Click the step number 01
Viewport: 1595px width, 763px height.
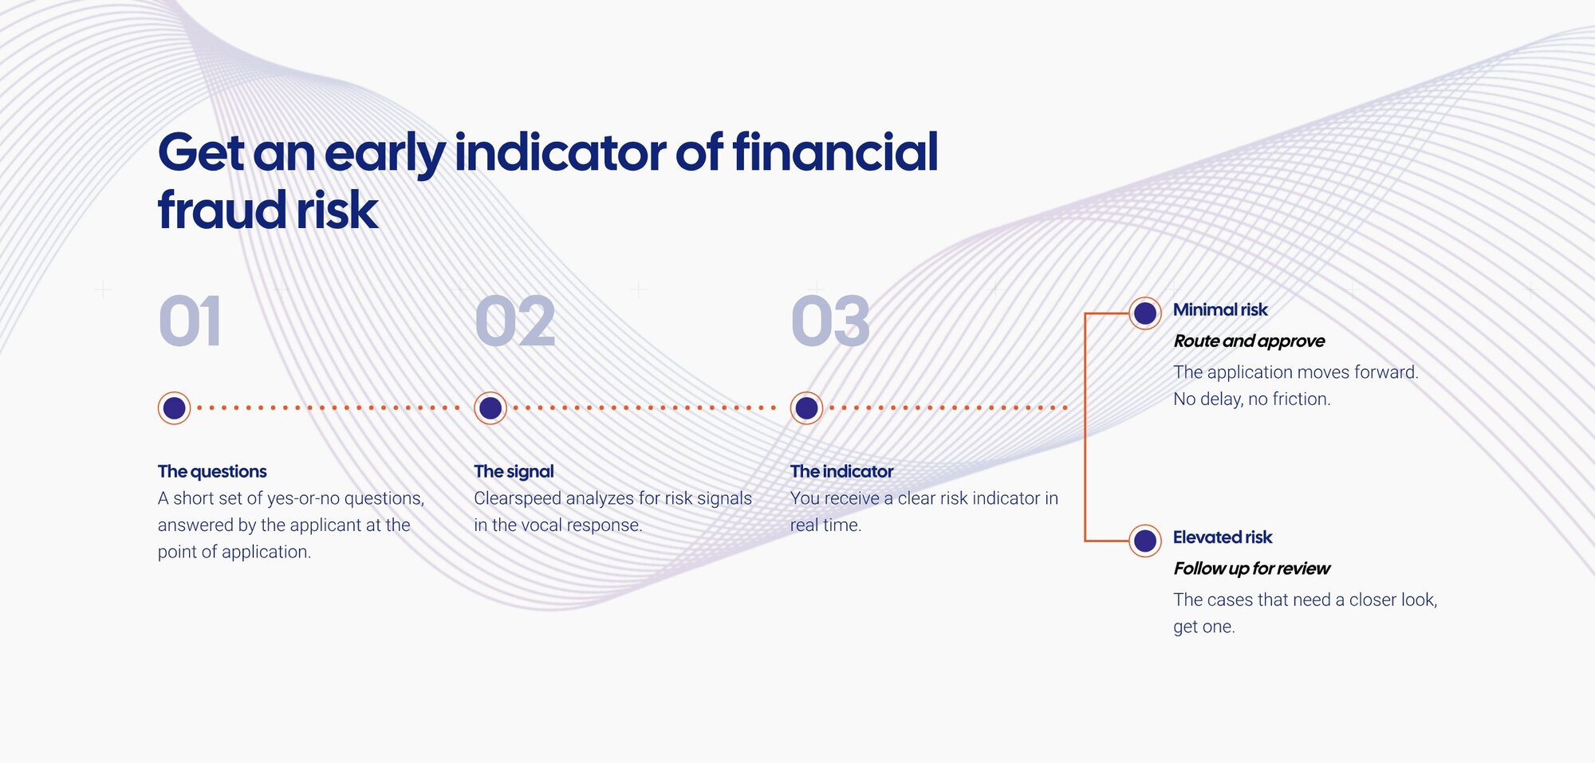tap(190, 321)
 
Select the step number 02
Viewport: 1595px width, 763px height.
tap(515, 321)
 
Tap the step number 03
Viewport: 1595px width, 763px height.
tap(830, 321)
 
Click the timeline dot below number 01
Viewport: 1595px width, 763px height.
tap(174, 408)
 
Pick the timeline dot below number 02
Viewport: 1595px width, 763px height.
tap(490, 408)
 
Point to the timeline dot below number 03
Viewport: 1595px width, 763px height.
tap(806, 408)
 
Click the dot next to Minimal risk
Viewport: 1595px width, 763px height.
tap(1145, 313)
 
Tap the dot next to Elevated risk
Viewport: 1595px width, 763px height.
tap(1145, 541)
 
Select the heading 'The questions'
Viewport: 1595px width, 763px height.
tap(212, 471)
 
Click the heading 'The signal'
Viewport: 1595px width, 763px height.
tap(514, 471)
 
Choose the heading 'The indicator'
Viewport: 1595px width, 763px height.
tap(841, 471)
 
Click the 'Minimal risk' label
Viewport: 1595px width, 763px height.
tap(1220, 309)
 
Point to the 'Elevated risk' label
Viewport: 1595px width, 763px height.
tap(1223, 537)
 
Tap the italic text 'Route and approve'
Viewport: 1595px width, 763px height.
tap(1249, 341)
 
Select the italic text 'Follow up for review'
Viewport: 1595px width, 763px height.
tap(1251, 568)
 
